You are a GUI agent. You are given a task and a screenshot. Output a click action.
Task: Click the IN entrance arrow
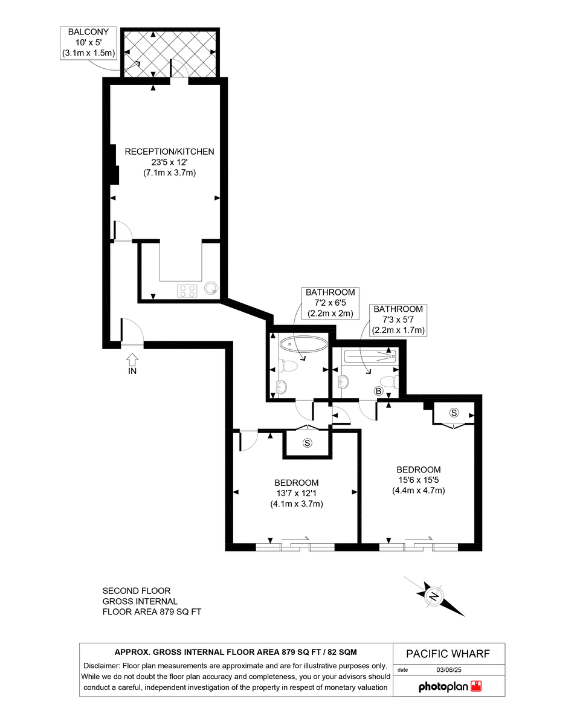(132, 359)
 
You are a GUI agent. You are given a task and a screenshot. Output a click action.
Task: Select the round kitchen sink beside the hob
(211, 288)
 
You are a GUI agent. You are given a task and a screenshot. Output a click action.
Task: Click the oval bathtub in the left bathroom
(303, 344)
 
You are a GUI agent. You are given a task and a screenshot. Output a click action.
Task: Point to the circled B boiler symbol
(378, 391)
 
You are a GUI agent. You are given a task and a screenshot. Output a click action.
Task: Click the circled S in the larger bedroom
(454, 413)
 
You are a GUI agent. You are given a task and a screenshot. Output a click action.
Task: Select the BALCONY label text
(88, 32)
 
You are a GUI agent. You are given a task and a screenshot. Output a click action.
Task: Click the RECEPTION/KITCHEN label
(170, 152)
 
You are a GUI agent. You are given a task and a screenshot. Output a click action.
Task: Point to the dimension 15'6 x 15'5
(419, 480)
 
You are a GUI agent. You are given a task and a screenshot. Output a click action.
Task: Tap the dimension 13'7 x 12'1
(297, 493)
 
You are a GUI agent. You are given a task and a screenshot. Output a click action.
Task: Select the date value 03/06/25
(449, 670)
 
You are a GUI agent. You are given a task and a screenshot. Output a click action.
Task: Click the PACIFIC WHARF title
(448, 654)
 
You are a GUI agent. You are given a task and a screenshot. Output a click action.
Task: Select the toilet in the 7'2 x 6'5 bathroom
(288, 366)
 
